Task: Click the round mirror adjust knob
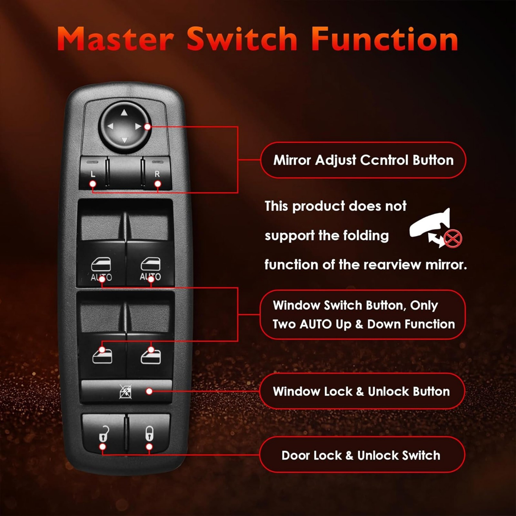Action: (x=124, y=126)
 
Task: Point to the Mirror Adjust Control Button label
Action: (x=363, y=160)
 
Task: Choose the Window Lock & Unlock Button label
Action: (x=361, y=391)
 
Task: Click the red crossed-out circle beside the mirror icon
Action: (x=453, y=239)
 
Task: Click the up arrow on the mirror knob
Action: (x=124, y=113)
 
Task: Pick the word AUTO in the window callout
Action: (x=316, y=324)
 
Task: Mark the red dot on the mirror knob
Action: (x=147, y=127)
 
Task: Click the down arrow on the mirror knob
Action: (x=124, y=140)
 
